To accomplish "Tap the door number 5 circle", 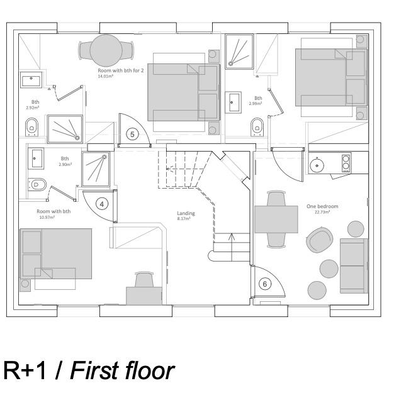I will coord(132,133).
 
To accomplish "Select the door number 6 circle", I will coord(264,284).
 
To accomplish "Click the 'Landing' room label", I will coord(186,213).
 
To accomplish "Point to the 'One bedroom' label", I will coord(322,206).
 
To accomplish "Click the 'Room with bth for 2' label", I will coord(120,71).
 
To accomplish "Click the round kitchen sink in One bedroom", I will coord(317,165).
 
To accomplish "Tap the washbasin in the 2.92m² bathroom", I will coord(31,80).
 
